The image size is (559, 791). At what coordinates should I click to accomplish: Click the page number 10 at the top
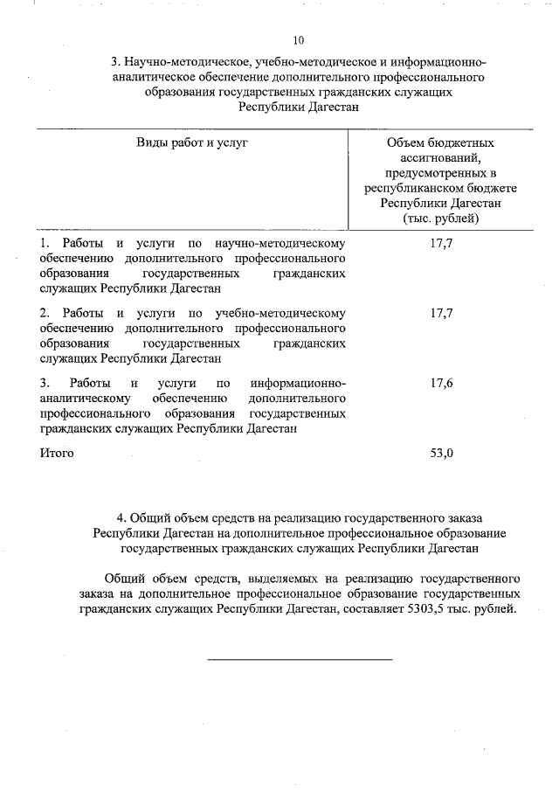tap(299, 40)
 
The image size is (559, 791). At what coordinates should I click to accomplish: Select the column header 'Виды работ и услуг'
tap(192, 142)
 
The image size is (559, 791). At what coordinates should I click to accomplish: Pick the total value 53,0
tap(442, 453)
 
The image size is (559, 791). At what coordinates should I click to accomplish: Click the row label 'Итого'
tap(57, 453)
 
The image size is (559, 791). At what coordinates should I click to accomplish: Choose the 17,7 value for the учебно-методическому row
tap(442, 312)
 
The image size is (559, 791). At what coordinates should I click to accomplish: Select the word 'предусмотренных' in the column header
tap(433, 173)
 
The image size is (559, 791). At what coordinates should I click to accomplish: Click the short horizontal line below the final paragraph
tap(299, 658)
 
